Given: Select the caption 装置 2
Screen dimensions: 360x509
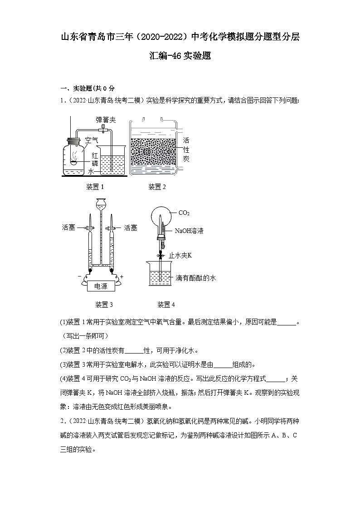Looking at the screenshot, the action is click(157, 187).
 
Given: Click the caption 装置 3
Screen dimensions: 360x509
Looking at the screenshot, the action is click(104, 304).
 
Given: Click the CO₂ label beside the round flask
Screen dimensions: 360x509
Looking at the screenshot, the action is click(184, 213).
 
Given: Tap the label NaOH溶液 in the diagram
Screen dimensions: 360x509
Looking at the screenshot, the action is click(189, 231).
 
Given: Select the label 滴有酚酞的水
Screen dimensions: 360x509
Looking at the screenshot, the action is click(195, 278).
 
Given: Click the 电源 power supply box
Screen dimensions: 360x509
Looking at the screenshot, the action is click(101, 286).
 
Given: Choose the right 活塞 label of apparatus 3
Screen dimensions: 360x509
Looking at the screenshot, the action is click(131, 228).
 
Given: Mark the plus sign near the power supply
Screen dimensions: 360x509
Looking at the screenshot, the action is click(122, 276).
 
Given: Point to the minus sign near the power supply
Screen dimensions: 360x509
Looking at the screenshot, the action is click(80, 276).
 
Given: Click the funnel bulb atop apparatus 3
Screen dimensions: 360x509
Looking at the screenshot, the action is click(100, 204).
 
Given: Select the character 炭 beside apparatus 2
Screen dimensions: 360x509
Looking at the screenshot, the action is click(186, 159).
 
